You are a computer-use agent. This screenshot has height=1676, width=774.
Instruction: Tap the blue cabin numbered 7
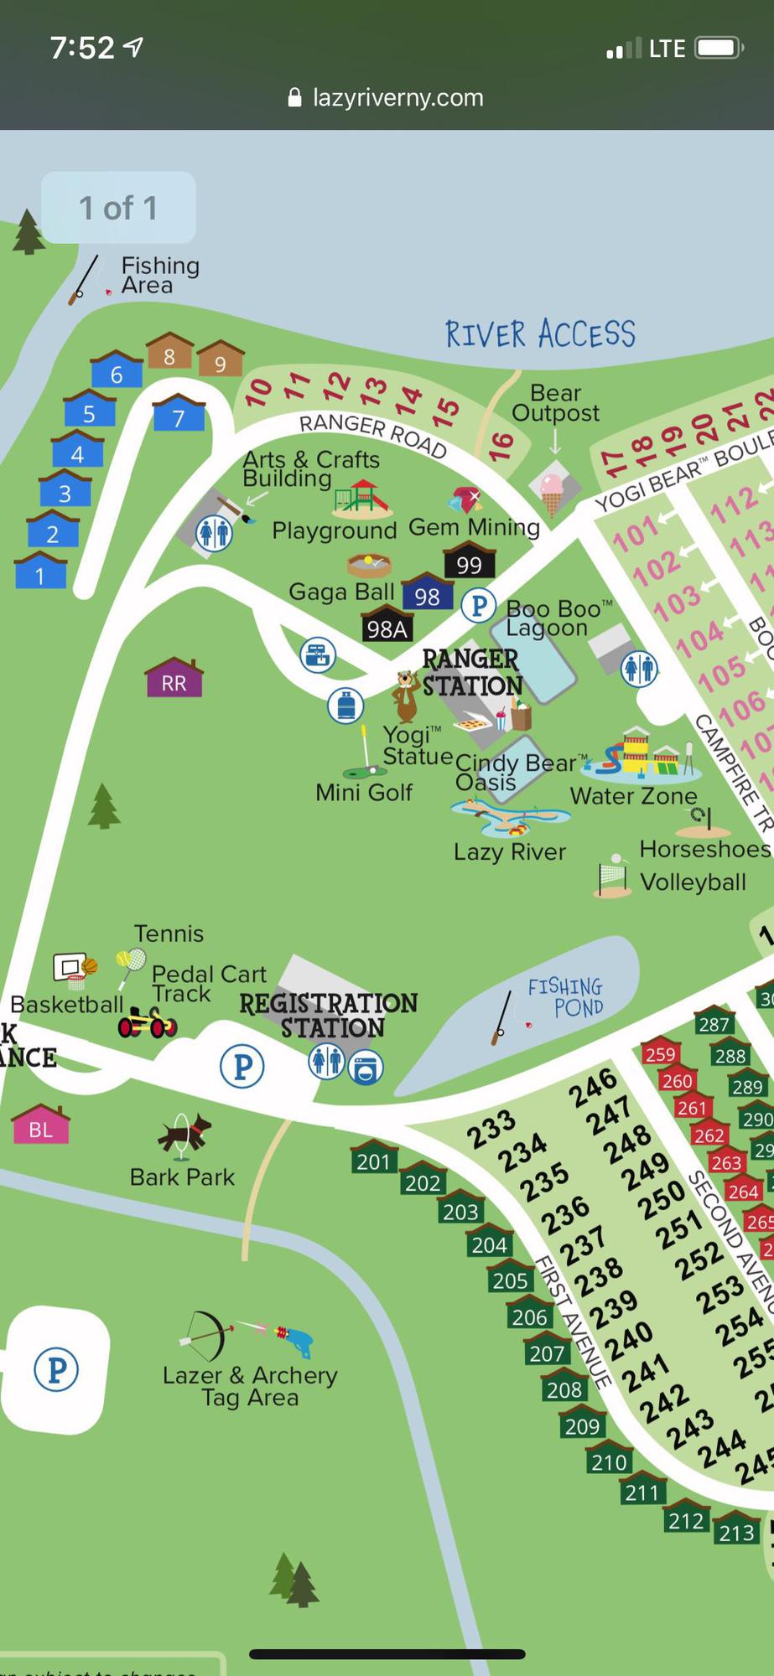(179, 415)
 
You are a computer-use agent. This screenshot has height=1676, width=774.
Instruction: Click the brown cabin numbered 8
(169, 354)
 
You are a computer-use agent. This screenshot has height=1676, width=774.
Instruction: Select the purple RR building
(174, 680)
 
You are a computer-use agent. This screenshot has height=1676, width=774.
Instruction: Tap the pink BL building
(40, 1126)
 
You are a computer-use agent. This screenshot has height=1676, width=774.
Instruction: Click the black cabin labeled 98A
(387, 627)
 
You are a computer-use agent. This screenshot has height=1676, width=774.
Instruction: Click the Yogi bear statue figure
(408, 695)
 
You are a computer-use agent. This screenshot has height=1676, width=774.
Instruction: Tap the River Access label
(540, 334)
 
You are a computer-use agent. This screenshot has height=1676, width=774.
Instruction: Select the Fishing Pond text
(566, 996)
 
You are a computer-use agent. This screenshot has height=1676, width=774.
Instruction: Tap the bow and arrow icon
(206, 1334)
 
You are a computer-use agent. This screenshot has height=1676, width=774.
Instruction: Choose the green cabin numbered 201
(373, 1159)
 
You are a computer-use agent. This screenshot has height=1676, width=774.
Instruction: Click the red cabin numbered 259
(660, 1053)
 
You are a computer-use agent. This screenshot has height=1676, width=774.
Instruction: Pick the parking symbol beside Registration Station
(242, 1066)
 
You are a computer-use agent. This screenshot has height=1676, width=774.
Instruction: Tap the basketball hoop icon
(74, 968)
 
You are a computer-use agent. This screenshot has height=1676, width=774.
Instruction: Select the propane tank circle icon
(345, 706)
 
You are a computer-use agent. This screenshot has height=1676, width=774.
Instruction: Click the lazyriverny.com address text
(397, 97)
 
